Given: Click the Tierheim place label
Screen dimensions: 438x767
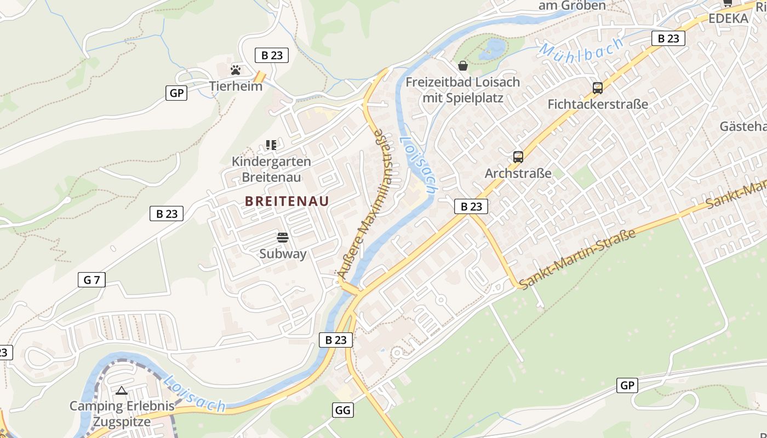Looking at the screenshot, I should click(236, 86).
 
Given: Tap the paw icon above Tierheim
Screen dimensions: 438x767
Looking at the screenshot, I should click(236, 70).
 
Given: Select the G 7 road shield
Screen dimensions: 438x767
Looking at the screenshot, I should click(91, 280).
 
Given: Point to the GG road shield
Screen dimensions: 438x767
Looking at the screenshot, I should click(342, 410).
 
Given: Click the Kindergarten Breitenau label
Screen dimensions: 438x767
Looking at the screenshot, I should click(271, 169).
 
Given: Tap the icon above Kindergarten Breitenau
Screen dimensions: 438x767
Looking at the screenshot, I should click(271, 145).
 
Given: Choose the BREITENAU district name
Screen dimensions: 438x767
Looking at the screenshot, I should click(287, 201).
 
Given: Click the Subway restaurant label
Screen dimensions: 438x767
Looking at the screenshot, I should click(283, 253).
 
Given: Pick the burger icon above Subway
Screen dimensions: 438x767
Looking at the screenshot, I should click(283, 238).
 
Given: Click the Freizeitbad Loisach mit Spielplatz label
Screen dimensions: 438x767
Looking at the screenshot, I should click(463, 90).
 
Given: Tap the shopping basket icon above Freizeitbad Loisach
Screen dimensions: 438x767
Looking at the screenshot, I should click(463, 66).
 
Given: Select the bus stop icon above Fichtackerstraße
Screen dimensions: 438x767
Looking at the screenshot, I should click(598, 88).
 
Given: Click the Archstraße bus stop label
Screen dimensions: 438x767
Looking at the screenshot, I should click(518, 174).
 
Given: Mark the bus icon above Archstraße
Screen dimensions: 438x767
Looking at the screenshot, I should click(518, 157).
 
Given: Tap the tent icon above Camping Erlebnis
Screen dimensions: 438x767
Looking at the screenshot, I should click(122, 390).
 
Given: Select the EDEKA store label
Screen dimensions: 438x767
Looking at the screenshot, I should click(728, 19).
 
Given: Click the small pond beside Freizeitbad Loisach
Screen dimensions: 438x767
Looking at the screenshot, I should click(492, 49).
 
